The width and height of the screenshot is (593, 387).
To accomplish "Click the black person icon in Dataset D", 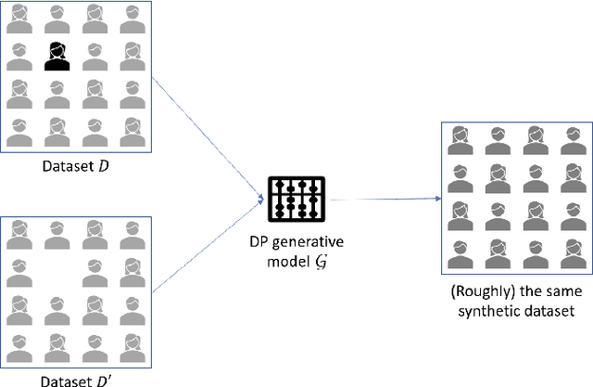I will pos(54,58).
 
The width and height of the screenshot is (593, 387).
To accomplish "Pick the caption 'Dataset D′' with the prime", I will pos(75,379).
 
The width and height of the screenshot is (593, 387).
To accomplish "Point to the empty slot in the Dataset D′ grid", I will pos(54,269).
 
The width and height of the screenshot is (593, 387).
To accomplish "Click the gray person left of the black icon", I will pos(18,58).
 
